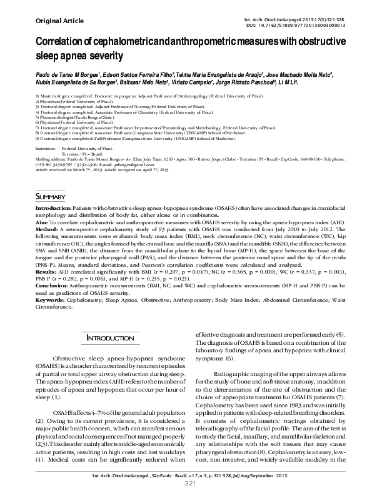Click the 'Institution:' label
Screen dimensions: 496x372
tap(46, 149)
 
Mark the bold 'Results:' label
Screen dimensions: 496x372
tap(48, 273)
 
